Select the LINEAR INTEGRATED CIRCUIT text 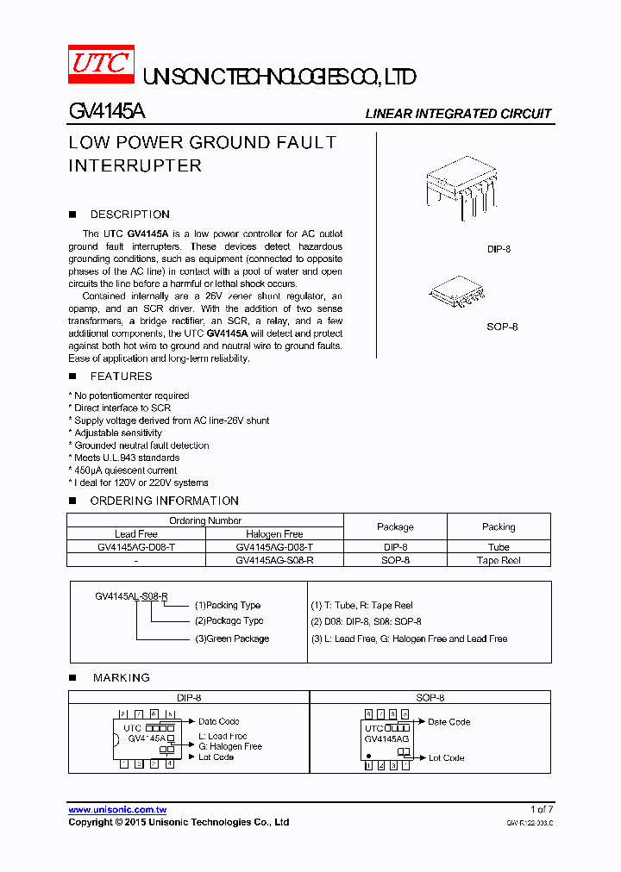[x=458, y=114]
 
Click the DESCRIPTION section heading [x=129, y=215]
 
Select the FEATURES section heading [x=121, y=377]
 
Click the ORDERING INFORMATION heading [x=164, y=501]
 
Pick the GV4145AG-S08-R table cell [x=274, y=560]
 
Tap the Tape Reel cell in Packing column [x=499, y=560]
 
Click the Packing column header [x=499, y=526]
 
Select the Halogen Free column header [x=274, y=534]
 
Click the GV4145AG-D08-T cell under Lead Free [x=136, y=547]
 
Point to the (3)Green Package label [x=231, y=638]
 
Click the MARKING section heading [x=121, y=678]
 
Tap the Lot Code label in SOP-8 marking [x=446, y=758]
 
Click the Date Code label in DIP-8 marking [x=218, y=721]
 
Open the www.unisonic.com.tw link [x=117, y=810]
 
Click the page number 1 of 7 [x=541, y=809]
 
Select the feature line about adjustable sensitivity [x=117, y=433]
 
